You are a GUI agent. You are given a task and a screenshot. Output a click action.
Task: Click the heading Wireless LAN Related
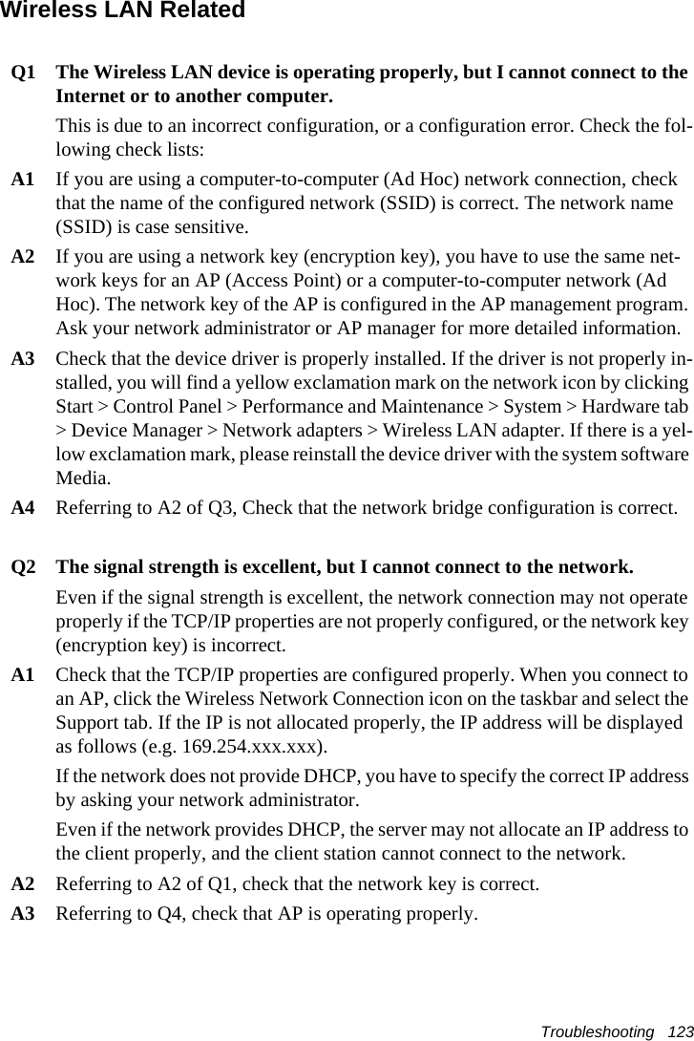[122, 11]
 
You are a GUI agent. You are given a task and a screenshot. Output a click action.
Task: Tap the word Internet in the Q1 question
[95, 97]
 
